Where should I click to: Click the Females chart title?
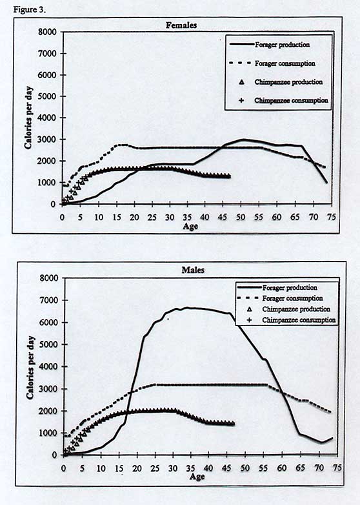click(x=181, y=25)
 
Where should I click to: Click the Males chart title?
click(x=193, y=270)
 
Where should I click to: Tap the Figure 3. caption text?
click(x=30, y=10)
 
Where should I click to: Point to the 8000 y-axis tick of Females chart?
click(x=47, y=32)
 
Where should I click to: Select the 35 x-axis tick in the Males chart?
click(x=191, y=468)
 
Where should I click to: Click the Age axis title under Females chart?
click(x=190, y=227)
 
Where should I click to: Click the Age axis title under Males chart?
click(x=197, y=477)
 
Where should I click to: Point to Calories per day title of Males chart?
click(x=30, y=368)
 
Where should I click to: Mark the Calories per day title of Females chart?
click(x=28, y=118)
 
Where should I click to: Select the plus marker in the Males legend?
click(x=248, y=320)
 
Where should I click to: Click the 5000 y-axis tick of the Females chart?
click(x=47, y=96)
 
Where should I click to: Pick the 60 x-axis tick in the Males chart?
click(x=282, y=468)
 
